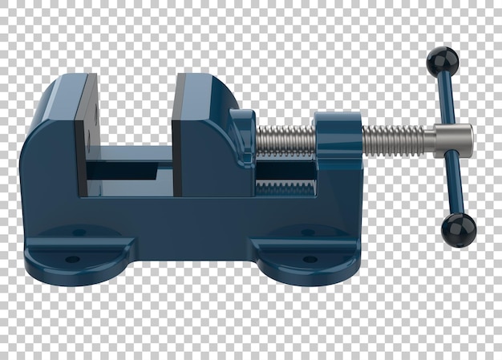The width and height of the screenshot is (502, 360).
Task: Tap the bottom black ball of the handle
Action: (458, 230)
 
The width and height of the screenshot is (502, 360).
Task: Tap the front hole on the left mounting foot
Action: (72, 259)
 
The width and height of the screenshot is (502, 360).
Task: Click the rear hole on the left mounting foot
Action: (79, 233)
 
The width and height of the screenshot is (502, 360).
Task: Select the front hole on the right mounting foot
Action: (310, 259)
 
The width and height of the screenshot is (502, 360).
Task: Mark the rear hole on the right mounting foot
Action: (307, 233)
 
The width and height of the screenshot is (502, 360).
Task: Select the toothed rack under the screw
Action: (285, 186)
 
